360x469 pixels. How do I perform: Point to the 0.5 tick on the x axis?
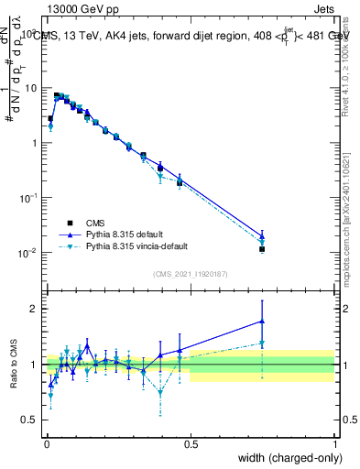[x=191, y=444]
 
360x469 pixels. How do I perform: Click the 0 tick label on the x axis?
[x=47, y=444]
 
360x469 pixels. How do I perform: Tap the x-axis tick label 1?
[x=334, y=444]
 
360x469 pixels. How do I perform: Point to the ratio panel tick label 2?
[x=34, y=309]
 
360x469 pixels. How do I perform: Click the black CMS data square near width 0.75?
[x=262, y=249]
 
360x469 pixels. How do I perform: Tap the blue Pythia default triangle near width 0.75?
[x=262, y=235]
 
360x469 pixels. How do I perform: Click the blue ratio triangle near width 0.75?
[x=262, y=322]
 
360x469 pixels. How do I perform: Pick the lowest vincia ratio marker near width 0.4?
[x=160, y=392]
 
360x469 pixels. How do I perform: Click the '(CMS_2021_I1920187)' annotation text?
[x=190, y=272]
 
